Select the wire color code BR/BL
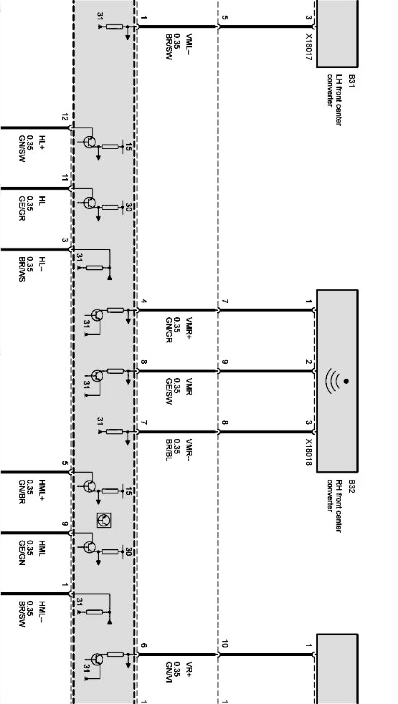168,450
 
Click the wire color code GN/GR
168,330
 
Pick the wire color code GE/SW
168,391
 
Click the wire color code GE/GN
22,553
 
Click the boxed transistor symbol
104,520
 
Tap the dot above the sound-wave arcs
346,381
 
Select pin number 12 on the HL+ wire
64,117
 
